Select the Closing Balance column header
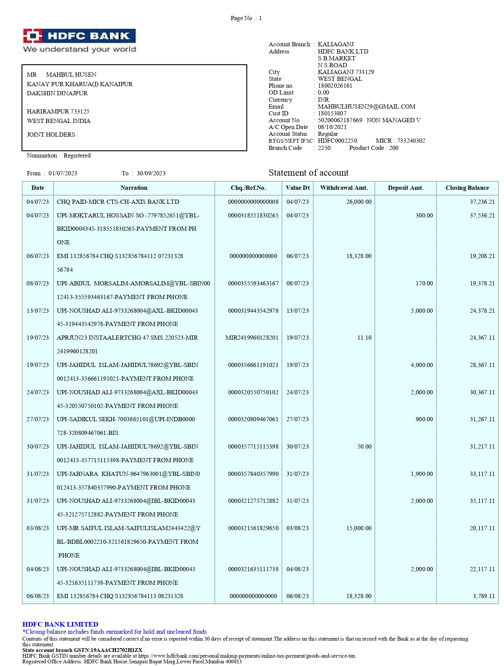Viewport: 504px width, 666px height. tap(467, 188)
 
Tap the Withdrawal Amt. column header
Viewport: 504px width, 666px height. tap(344, 188)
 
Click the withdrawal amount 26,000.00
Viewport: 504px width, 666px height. tap(358, 202)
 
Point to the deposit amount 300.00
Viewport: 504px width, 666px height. tap(424, 216)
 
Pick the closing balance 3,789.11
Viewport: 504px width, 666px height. tap(484, 596)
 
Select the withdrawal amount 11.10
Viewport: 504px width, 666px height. tap(364, 338)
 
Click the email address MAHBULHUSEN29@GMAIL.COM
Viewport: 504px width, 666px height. tap(366, 107)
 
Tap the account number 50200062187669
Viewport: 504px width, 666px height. tap(340, 120)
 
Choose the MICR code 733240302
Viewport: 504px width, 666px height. tap(411, 141)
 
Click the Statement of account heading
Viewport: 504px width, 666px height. tap(308, 173)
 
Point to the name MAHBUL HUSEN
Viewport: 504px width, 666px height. tap(71, 75)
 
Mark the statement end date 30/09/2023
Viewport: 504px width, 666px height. tap(151, 173)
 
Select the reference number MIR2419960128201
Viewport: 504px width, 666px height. tap(252, 338)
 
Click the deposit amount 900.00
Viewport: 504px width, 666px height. tap(424, 419)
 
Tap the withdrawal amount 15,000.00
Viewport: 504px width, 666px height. tap(358, 528)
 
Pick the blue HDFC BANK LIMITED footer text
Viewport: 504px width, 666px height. tap(60, 624)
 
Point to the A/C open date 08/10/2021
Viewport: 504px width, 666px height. tap(332, 127)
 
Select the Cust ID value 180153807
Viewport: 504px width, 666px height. tap(332, 113)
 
